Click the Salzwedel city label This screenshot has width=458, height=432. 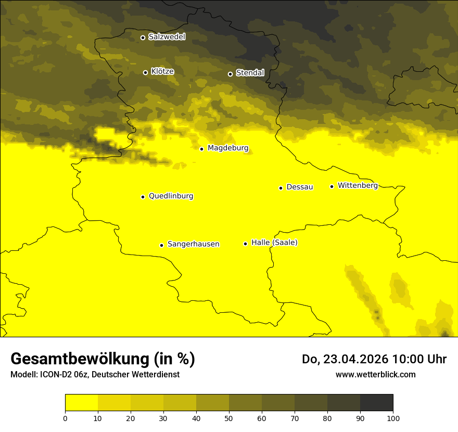[167, 37]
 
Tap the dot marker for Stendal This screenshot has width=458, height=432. [230, 73]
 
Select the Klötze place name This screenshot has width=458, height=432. [162, 72]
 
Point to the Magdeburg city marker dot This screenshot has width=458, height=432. [201, 149]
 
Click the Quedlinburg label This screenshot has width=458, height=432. [171, 196]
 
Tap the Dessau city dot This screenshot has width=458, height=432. [281, 188]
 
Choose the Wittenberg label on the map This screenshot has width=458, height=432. [358, 186]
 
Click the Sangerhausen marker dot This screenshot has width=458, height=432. [161, 245]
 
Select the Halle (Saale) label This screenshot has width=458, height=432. [274, 243]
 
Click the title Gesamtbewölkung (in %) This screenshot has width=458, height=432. [103, 359]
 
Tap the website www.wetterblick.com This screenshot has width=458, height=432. [375, 375]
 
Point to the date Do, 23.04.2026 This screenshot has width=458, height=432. [346, 359]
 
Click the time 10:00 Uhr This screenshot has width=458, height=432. [419, 359]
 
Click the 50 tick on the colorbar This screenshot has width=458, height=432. [229, 418]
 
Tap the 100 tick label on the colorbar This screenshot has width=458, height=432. [393, 418]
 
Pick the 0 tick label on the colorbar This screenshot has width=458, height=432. [65, 418]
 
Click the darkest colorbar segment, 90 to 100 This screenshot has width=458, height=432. [376, 403]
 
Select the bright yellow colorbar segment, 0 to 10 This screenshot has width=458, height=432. [81, 403]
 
